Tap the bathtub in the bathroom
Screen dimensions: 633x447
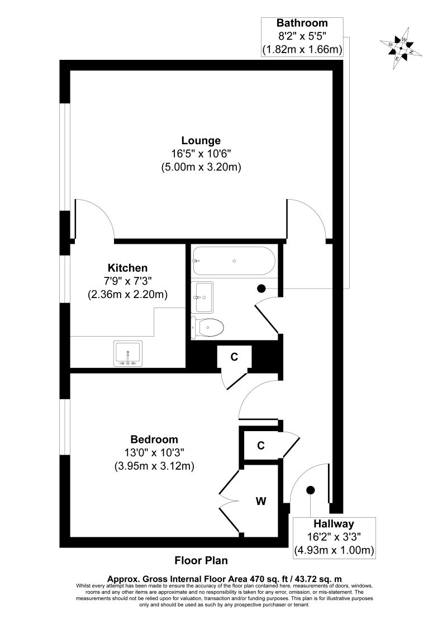233,261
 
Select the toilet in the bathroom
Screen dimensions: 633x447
208,327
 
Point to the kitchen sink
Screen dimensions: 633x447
128,353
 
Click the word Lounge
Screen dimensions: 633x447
201,140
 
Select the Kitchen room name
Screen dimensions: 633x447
128,268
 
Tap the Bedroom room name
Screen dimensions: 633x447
154,440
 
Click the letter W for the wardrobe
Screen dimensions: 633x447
261,501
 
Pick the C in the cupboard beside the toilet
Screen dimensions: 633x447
235,356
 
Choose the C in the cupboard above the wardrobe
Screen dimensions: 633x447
260,446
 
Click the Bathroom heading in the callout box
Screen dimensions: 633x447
302,23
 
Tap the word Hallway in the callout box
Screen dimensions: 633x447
334,524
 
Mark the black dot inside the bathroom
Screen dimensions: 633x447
261,289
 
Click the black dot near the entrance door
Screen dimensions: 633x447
310,490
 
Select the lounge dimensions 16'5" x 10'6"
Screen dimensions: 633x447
201,153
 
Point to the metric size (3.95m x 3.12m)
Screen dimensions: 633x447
154,466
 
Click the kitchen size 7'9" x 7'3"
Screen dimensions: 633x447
128,281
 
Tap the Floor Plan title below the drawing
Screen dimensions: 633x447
201,560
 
